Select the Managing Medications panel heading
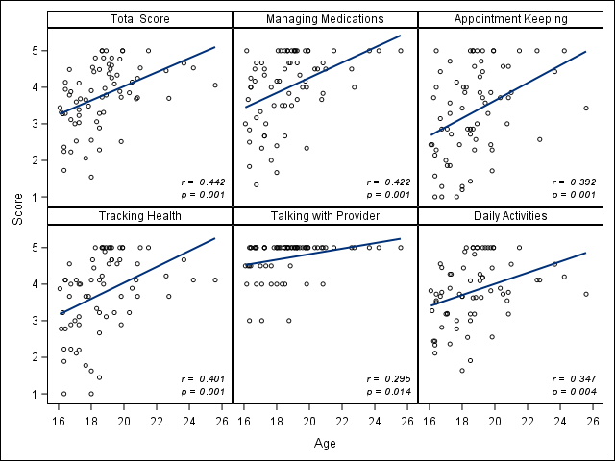point(325,19)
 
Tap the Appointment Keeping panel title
point(511,19)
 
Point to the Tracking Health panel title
point(138,216)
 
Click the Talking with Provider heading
point(325,216)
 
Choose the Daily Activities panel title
point(511,216)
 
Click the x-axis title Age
point(325,444)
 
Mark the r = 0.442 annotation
point(203,182)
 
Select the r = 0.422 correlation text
point(389,182)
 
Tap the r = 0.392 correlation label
point(576,182)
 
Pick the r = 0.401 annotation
point(203,378)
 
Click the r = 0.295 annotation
point(389,378)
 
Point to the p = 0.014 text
point(389,392)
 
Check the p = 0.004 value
point(576,392)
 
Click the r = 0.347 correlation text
point(576,378)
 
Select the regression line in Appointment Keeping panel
point(509,93)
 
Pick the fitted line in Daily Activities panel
point(509,279)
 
